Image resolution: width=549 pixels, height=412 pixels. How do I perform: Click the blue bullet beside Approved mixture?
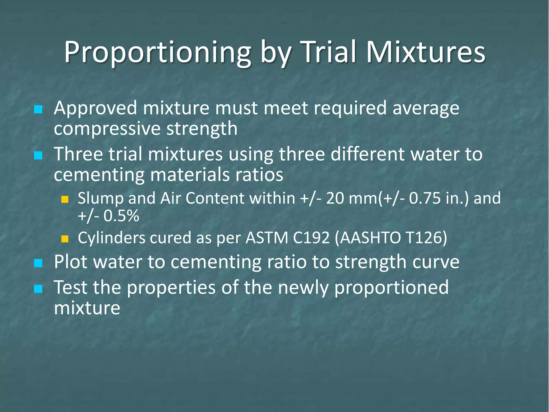[x=38, y=109]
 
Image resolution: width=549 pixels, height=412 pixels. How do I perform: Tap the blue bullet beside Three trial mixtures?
[x=38, y=155]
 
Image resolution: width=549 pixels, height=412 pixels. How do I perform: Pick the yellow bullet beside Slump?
[x=65, y=199]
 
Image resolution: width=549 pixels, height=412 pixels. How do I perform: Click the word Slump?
[x=101, y=198]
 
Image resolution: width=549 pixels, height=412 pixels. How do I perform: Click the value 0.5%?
[x=121, y=216]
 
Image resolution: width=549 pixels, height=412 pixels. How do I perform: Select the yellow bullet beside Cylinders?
[x=65, y=239]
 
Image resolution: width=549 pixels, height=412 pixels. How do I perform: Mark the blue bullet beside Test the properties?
[x=38, y=289]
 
